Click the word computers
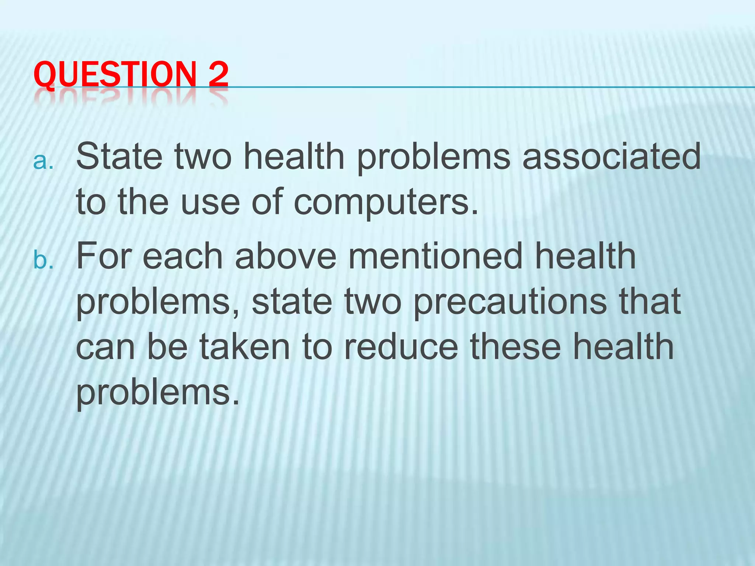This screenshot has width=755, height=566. (x=385, y=202)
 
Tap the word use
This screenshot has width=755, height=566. (x=211, y=202)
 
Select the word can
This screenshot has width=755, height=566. (x=105, y=348)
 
